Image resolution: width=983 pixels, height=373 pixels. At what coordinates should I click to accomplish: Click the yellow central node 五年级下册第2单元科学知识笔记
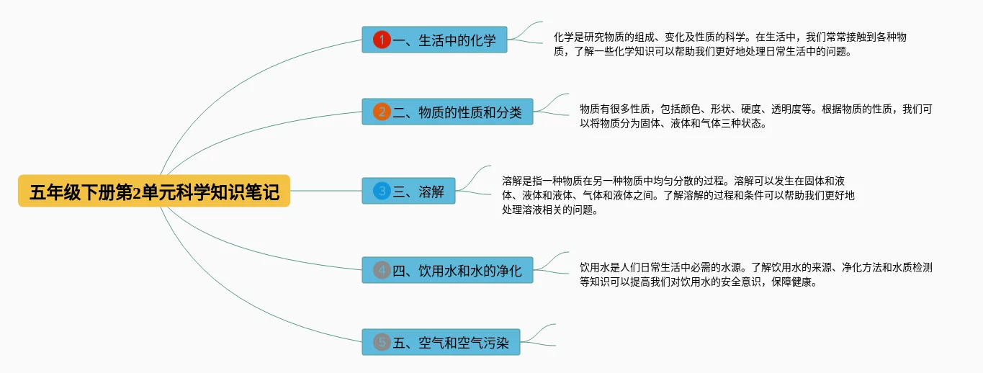[154, 192]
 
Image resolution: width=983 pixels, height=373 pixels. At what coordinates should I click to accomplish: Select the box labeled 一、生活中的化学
[434, 40]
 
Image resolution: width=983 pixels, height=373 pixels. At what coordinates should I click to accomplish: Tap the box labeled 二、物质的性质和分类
[447, 112]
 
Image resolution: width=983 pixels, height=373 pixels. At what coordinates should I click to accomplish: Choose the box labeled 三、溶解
[408, 191]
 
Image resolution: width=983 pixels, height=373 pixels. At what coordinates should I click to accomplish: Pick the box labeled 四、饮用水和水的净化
[447, 270]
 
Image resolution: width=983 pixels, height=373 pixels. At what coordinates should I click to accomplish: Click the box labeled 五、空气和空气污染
[441, 342]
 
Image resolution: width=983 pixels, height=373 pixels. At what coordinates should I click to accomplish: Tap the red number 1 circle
[382, 40]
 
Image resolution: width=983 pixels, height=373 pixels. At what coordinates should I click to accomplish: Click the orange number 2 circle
[382, 112]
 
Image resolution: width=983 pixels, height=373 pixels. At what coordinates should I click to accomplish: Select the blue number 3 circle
[382, 191]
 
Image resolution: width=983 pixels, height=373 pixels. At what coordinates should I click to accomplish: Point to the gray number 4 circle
[382, 270]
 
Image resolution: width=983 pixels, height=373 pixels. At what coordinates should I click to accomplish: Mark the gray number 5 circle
[382, 342]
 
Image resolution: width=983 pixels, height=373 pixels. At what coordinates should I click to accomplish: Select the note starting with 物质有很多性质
[756, 116]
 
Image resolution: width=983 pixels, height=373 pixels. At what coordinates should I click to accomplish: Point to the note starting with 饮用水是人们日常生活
[756, 274]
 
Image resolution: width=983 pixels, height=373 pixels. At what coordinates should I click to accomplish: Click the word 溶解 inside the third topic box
[431, 192]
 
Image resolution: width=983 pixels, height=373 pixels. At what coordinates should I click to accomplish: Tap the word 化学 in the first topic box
[483, 40]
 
